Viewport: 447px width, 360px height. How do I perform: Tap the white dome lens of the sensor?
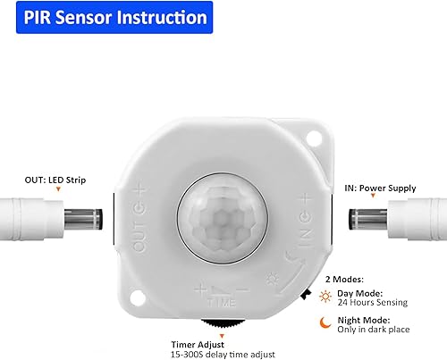[219, 215]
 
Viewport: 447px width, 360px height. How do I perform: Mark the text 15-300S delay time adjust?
[223, 352]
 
